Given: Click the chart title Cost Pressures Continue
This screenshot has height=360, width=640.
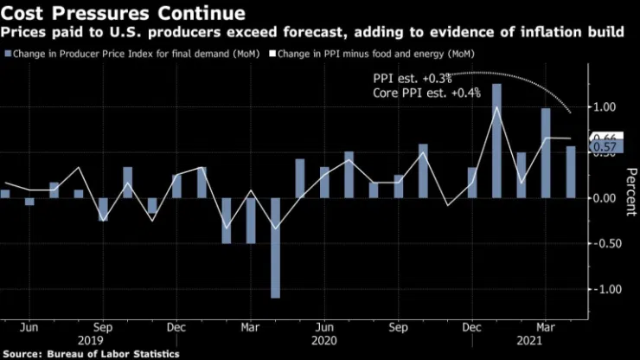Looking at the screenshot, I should tap(122, 13).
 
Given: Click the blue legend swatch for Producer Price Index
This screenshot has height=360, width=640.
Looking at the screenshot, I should tap(8, 54).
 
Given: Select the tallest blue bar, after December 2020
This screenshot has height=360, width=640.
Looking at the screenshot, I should tap(496, 140).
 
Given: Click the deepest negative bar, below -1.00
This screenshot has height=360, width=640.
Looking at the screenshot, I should tap(275, 247).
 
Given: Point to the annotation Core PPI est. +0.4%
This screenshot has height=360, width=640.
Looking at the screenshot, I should tap(426, 93).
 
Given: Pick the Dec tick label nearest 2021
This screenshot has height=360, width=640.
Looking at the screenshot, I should tap(472, 329).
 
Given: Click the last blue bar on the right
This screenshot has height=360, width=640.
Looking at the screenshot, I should tap(571, 171).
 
